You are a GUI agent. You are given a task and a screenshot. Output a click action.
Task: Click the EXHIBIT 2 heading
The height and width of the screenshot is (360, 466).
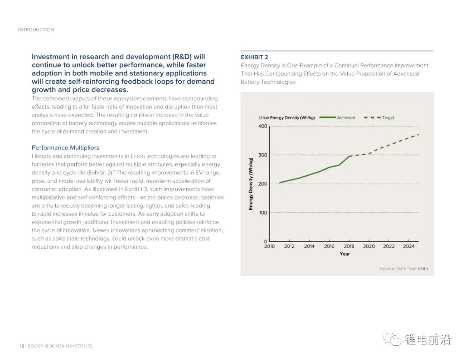[x=254, y=57]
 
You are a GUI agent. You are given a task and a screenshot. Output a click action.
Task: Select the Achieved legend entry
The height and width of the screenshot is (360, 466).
[x=346, y=117]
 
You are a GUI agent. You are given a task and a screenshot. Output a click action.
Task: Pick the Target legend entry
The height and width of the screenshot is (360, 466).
[x=388, y=117]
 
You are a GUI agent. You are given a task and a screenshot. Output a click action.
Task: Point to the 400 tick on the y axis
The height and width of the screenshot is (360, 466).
[x=263, y=126]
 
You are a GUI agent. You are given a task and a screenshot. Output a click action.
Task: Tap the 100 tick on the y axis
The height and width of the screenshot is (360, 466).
[x=263, y=213]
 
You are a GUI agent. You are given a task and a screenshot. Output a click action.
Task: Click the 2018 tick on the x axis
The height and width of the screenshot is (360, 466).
[x=349, y=246]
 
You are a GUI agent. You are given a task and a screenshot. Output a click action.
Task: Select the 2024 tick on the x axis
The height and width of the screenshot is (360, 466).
[x=409, y=246]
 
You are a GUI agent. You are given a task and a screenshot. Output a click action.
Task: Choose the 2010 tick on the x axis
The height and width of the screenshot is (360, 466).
[x=269, y=246]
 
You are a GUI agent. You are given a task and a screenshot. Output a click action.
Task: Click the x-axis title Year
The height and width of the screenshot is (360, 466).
[x=344, y=254]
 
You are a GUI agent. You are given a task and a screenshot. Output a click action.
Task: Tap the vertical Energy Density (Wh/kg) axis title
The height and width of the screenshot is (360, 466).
[x=251, y=184]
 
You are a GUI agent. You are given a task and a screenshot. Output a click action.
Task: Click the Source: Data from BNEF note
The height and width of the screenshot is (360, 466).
[x=404, y=268]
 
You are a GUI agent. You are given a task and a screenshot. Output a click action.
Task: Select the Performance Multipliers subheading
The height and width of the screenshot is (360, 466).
[x=65, y=148]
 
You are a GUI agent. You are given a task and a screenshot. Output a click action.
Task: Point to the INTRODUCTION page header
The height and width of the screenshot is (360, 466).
[x=36, y=30]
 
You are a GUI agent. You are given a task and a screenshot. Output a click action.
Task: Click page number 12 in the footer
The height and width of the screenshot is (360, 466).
[x=22, y=346]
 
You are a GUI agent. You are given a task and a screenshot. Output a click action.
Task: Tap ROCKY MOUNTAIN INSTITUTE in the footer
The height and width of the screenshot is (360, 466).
[x=60, y=346]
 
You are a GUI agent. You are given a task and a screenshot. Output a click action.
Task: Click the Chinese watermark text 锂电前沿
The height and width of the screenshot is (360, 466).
[x=428, y=340]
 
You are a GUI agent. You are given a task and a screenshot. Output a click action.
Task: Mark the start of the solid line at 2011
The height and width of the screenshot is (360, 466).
[x=280, y=183]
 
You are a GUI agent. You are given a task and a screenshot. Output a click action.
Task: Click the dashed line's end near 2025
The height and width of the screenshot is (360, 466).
[x=419, y=134]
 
